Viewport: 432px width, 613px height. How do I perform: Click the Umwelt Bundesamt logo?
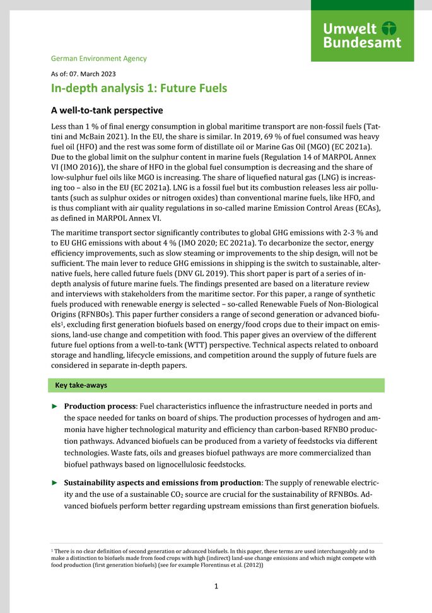pos(362,35)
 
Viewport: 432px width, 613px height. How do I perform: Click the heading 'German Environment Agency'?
pos(98,59)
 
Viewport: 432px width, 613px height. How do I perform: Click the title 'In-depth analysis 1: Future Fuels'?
pos(139,88)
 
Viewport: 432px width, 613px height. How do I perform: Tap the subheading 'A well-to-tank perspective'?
pos(107,110)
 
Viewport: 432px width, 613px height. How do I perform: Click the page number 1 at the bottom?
pos(216,587)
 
